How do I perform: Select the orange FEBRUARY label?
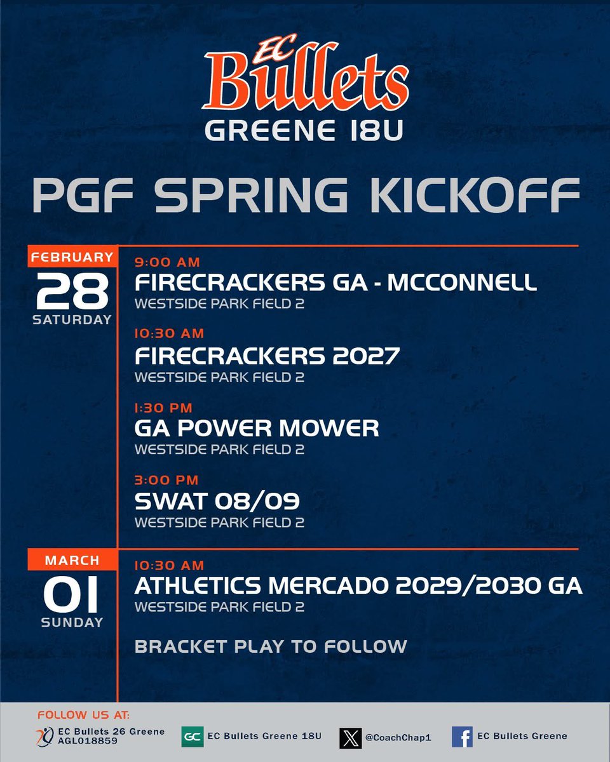[72, 257]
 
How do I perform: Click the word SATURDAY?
[72, 319]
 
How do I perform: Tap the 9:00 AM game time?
[167, 262]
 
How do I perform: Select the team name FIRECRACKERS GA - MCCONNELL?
[335, 283]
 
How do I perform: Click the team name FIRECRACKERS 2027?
[267, 356]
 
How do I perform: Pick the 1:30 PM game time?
[163, 408]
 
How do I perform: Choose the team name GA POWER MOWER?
[257, 428]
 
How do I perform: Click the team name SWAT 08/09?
[217, 502]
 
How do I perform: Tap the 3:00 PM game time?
[166, 480]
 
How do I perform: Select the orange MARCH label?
[72, 561]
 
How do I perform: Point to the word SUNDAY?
[72, 623]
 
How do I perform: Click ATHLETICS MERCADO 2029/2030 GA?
[358, 586]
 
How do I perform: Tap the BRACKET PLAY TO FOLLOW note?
[271, 646]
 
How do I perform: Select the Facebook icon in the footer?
[462, 737]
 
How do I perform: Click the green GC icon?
[192, 737]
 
